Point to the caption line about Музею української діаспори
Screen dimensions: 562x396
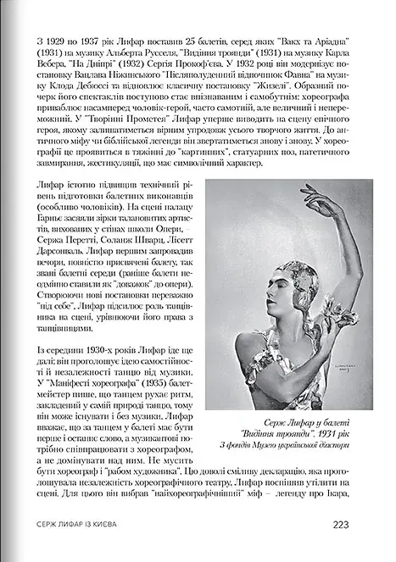[300, 446]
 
